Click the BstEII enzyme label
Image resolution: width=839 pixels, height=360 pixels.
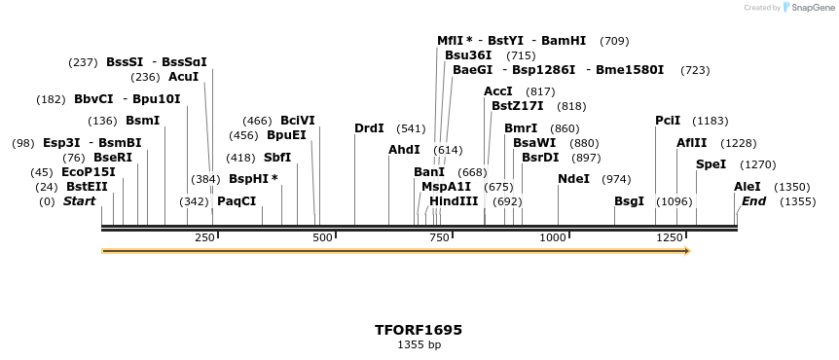coord(87,187)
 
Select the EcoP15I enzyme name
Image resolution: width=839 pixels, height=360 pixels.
coord(88,172)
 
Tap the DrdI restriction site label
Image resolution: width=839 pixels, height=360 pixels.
coord(369,128)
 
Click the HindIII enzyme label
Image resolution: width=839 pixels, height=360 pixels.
coord(454,201)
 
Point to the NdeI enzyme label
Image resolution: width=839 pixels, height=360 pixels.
coord(573,179)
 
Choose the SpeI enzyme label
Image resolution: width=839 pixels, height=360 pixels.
coord(711,164)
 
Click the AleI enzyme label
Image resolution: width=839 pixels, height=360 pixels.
coord(748,187)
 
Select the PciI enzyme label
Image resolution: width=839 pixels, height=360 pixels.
coord(668,121)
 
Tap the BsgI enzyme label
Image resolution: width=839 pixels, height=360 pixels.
coord(629,201)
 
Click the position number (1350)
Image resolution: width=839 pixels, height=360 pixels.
coord(791,187)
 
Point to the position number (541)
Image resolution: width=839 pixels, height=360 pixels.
coord(411,128)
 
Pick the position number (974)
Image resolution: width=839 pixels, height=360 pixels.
coord(616,179)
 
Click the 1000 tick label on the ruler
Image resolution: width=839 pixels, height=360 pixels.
coord(553,238)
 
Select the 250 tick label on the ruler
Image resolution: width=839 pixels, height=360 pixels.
coord(204,238)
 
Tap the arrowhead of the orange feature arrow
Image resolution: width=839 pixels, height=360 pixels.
coord(687,251)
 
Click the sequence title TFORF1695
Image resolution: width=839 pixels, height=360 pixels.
coord(419,330)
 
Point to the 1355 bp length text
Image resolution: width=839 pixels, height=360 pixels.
coord(419,344)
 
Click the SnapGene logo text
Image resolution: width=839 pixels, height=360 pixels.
coord(810,8)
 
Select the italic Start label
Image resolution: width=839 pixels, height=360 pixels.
coord(80,201)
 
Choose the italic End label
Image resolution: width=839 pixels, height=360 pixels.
coord(753,201)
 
